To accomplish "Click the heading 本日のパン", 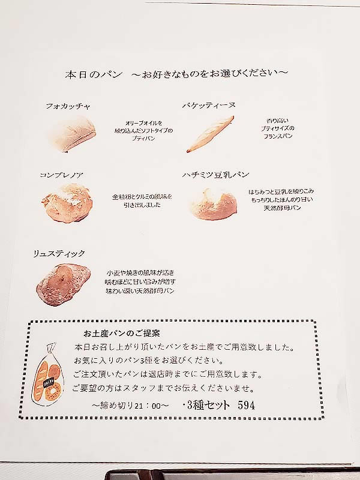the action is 94,75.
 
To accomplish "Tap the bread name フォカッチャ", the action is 68,106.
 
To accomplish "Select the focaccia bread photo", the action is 72,134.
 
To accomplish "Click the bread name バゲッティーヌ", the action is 209,106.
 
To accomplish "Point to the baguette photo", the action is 211,134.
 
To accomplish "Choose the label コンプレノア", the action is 62,175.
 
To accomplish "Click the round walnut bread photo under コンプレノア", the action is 67,203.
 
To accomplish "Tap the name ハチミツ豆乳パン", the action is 216,175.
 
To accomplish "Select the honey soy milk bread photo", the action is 214,203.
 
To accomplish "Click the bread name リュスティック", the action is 59,254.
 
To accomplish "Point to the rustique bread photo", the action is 64,284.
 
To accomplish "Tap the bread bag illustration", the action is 47,376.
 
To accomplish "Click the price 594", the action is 246,406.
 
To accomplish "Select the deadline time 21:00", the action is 147,406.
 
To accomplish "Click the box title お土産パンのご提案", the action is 122,333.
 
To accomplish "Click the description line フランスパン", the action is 278,136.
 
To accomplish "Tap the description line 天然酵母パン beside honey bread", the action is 282,208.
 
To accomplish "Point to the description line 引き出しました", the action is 142,205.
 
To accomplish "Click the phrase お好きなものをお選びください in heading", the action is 209,74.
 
